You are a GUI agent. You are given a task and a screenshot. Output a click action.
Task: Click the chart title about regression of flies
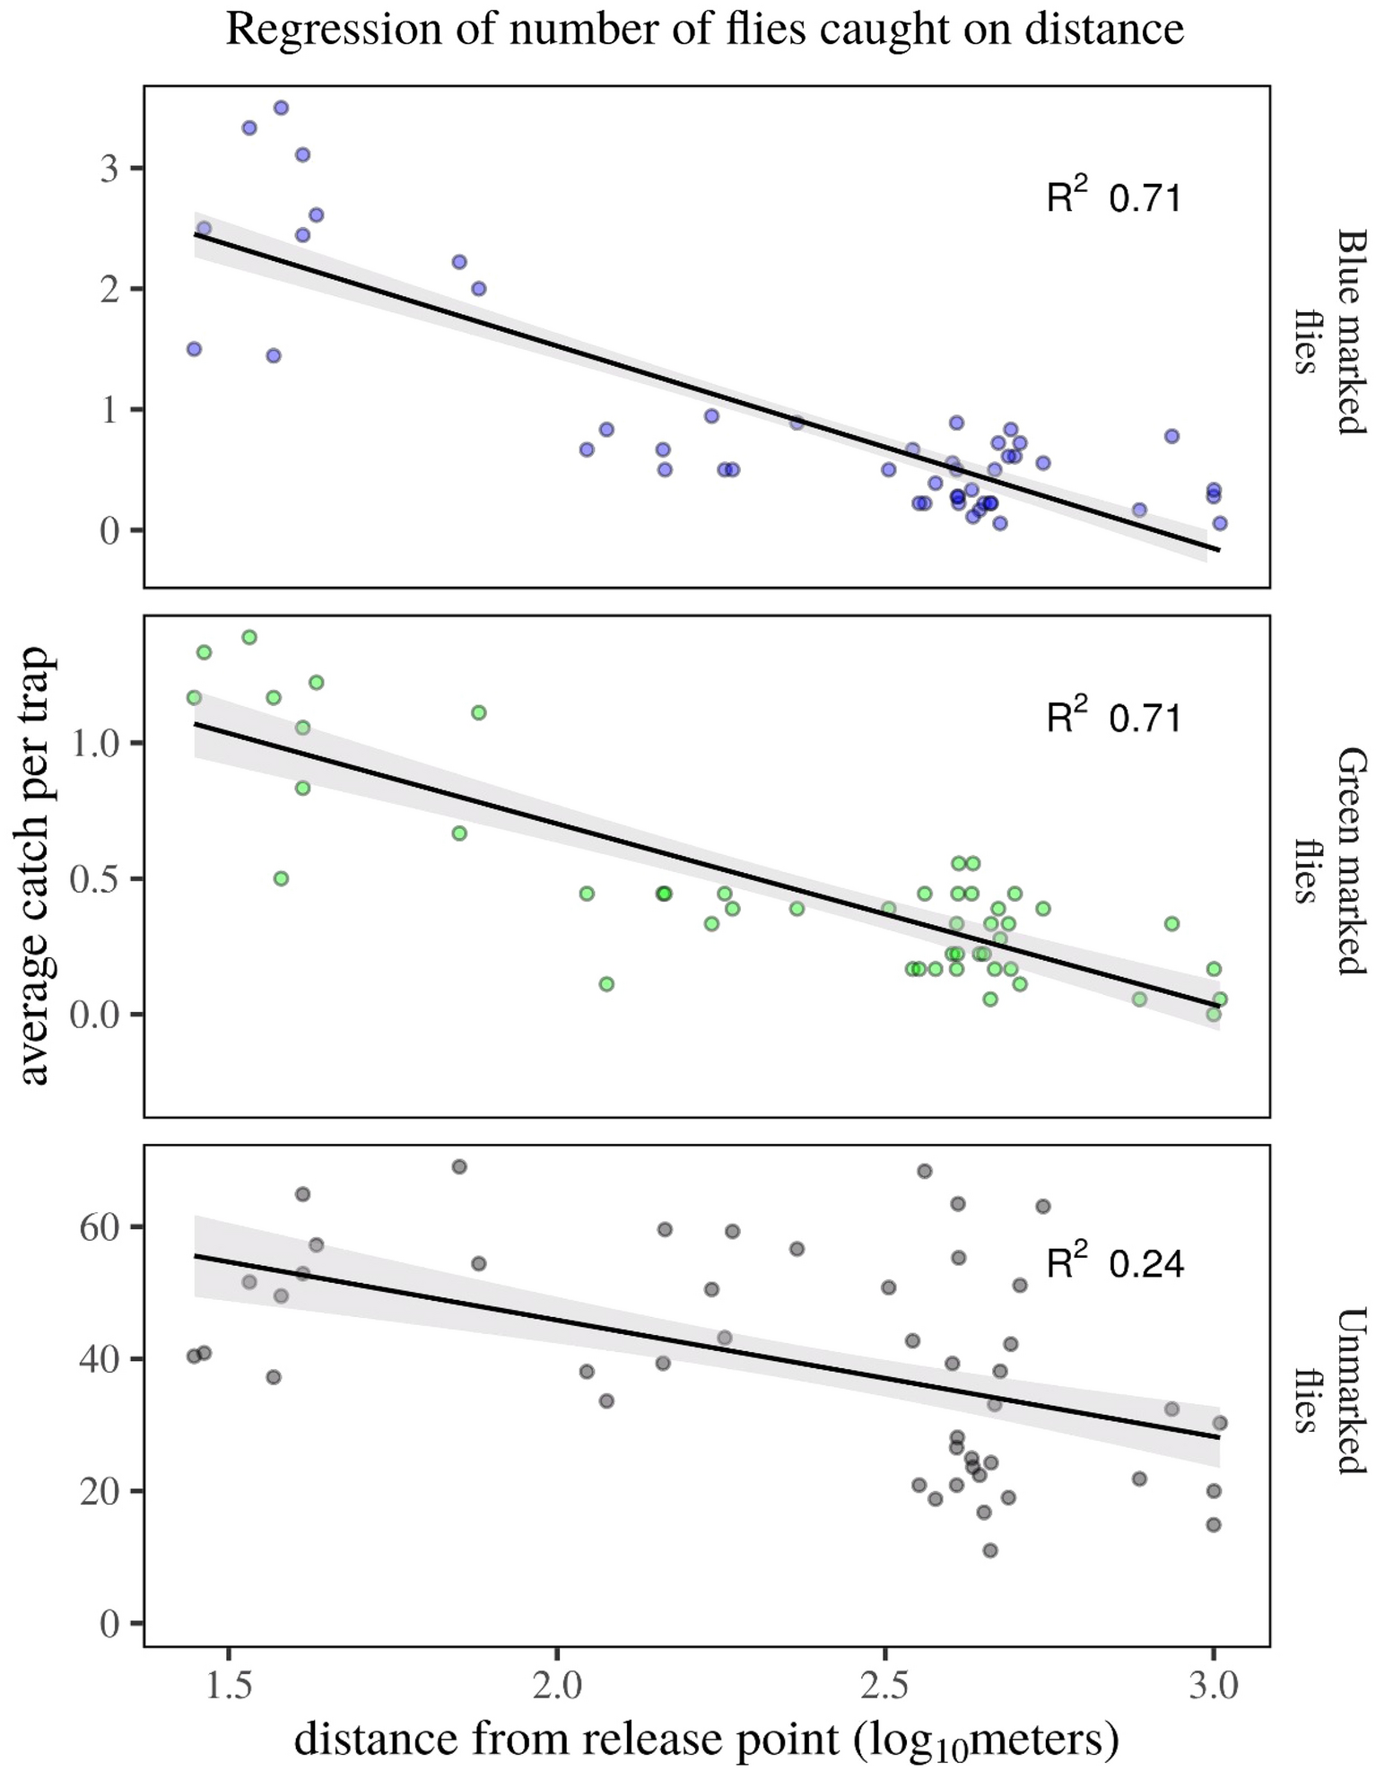(704, 29)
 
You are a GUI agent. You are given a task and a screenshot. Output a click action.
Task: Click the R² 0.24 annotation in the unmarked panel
(1115, 1264)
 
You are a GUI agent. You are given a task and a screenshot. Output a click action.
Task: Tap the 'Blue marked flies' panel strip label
(1331, 333)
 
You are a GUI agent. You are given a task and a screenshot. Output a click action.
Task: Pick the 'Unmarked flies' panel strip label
(1331, 1391)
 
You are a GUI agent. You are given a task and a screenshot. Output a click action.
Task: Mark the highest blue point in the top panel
(281, 108)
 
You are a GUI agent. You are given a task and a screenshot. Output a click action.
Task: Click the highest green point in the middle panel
(249, 637)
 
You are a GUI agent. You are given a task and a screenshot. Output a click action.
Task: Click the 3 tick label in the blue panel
(109, 169)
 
